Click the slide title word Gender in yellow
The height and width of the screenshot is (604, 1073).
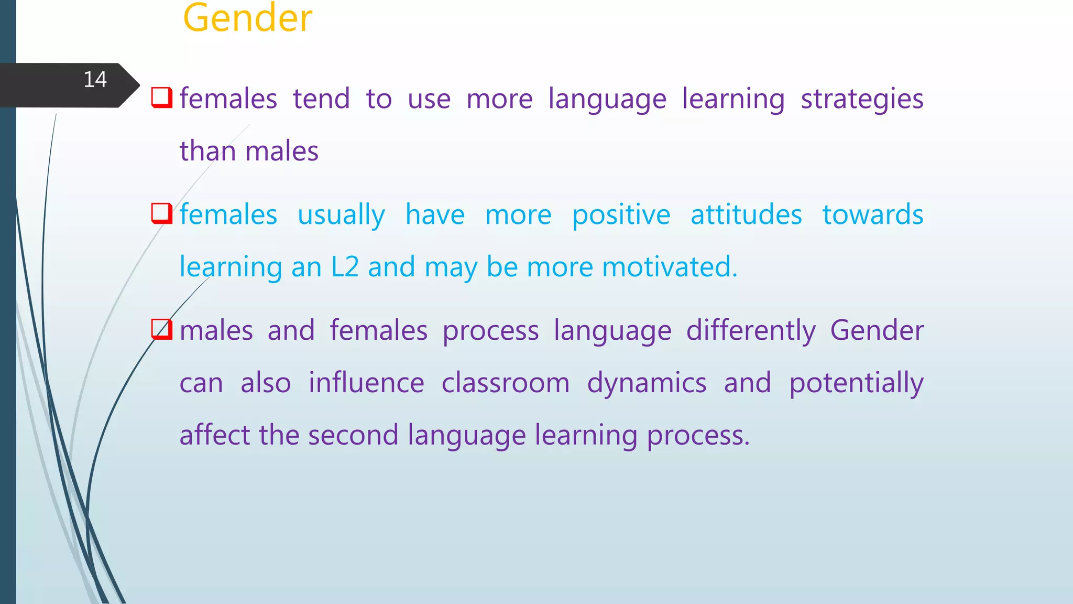247,18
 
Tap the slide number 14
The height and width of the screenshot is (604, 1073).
95,80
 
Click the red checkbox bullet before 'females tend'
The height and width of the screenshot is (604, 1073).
161,98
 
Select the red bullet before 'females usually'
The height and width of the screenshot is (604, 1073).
161,213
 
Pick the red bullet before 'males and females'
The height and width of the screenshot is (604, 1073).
161,329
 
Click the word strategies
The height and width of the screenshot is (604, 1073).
862,100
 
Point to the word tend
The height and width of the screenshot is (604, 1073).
321,99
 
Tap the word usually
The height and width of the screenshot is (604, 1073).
341,215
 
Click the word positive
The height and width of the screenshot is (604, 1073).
621,215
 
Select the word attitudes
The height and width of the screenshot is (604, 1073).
746,214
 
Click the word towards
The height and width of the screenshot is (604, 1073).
872,214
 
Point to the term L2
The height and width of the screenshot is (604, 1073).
345,267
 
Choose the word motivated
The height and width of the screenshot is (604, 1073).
670,267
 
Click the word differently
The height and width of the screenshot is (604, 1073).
751,331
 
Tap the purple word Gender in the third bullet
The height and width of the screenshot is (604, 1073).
877,330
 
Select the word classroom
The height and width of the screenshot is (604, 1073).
505,383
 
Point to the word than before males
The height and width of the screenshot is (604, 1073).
208,151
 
